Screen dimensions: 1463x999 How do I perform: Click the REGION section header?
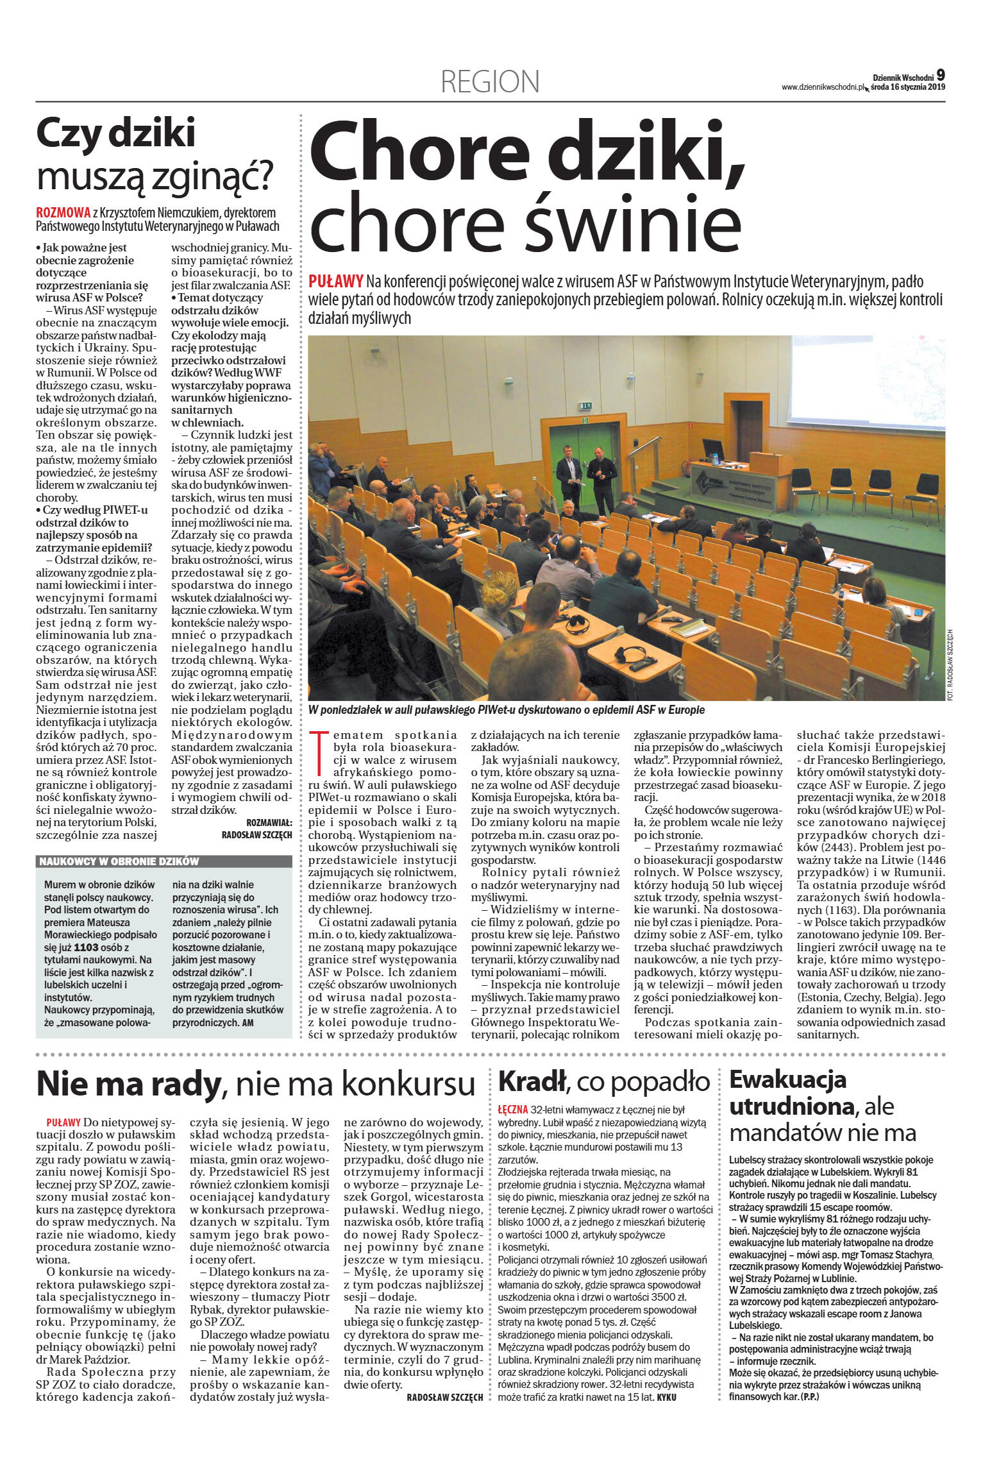[x=490, y=81]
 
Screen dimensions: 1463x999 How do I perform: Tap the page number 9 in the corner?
[x=940, y=76]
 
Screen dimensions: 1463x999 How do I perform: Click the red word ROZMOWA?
[x=63, y=212]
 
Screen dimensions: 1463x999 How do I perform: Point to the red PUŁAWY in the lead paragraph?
[x=335, y=281]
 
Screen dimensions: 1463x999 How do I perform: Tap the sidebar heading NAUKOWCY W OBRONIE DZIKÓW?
[x=119, y=861]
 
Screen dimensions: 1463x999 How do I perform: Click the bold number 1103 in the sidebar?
[x=87, y=947]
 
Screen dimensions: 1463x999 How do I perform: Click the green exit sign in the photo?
[x=585, y=405]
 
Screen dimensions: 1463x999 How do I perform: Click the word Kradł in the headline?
[x=532, y=1081]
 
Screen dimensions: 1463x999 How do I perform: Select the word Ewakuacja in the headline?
[x=787, y=1079]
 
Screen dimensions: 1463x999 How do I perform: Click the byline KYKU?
[x=667, y=1397]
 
